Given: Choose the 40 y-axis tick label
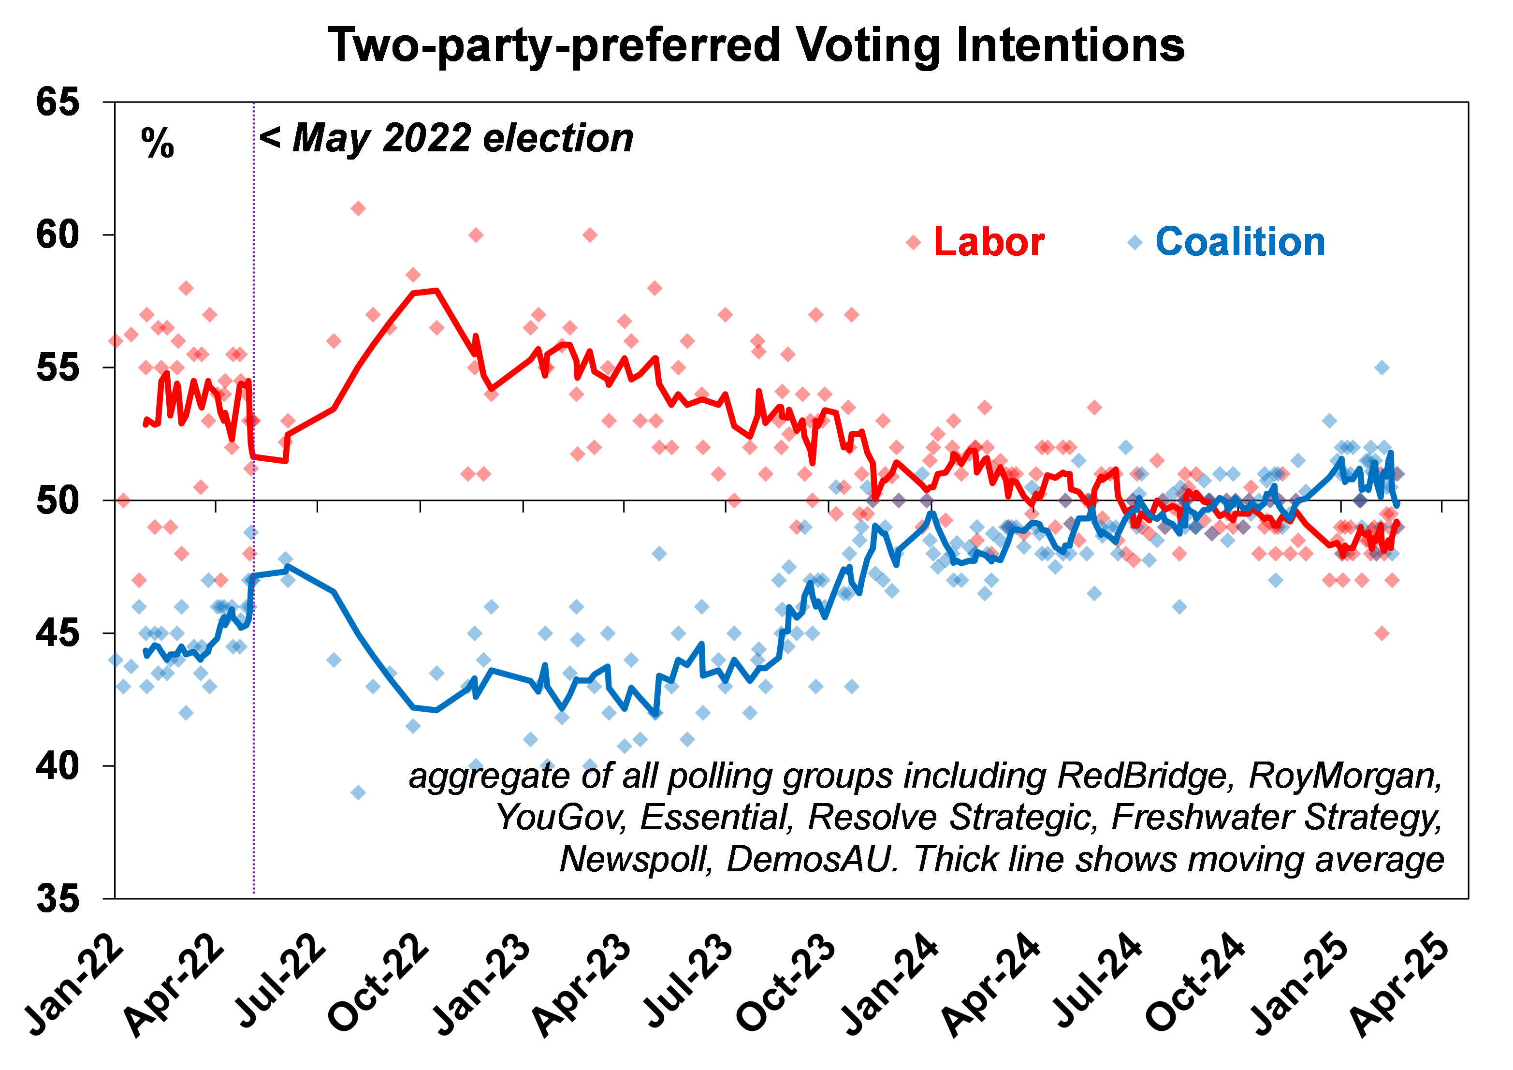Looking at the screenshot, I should coord(58,765).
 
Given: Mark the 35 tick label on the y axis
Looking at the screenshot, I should coord(58,898).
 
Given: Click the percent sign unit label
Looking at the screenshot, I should coord(158,143).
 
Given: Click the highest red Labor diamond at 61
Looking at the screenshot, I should coord(358,209).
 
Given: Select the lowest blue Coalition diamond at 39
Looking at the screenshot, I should coord(358,792).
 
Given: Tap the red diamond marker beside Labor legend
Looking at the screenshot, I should coord(913,243).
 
